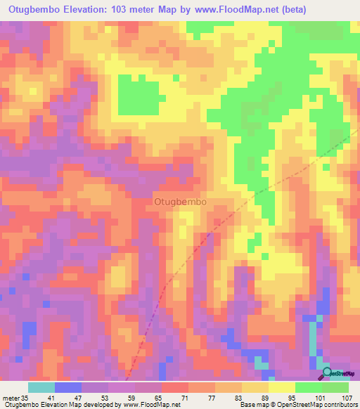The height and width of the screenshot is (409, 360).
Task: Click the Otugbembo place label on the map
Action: (179, 201)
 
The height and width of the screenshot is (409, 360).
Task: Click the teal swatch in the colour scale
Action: (41, 387)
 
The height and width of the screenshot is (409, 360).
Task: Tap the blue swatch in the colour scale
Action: (68, 387)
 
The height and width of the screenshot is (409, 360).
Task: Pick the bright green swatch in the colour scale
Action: (309, 387)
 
